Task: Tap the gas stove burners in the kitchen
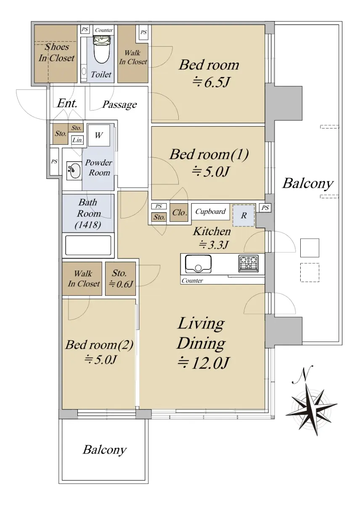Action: [248, 263]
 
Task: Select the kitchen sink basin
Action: [198, 263]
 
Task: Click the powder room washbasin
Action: [74, 170]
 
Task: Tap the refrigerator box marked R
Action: [244, 215]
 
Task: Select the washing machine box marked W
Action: [99, 135]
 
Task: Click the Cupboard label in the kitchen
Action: [210, 211]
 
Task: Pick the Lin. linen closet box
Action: [77, 140]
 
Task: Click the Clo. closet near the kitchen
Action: [179, 213]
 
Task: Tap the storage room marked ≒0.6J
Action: [120, 279]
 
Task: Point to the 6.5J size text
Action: [211, 82]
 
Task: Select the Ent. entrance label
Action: [67, 103]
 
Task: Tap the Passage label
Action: [119, 104]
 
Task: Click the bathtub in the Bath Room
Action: [88, 245]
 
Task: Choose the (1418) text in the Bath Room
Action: [88, 225]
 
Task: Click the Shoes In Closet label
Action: [56, 53]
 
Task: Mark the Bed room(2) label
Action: [99, 345]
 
